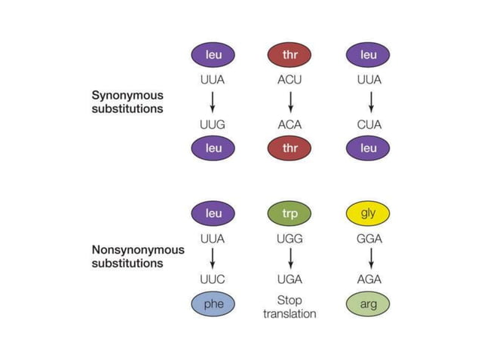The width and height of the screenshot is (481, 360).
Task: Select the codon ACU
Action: [x=290, y=78]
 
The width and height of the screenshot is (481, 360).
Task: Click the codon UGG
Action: [x=290, y=237]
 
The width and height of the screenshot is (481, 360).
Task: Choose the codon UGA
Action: [x=290, y=279]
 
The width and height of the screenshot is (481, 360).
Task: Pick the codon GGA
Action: [x=368, y=237]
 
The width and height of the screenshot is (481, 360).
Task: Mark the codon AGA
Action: [x=368, y=279]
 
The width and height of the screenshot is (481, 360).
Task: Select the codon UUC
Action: [x=213, y=279]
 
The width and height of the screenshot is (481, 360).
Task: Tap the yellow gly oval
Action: [x=368, y=213]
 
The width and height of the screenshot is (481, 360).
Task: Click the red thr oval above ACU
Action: [x=290, y=55]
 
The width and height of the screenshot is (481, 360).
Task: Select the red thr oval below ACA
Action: [x=290, y=148]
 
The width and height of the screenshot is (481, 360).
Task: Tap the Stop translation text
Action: [x=290, y=307]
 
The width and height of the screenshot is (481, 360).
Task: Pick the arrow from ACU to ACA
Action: [x=290, y=102]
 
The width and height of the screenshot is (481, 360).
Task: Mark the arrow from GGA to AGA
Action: [x=368, y=258]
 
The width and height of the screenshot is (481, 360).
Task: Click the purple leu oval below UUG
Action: [x=213, y=148]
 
